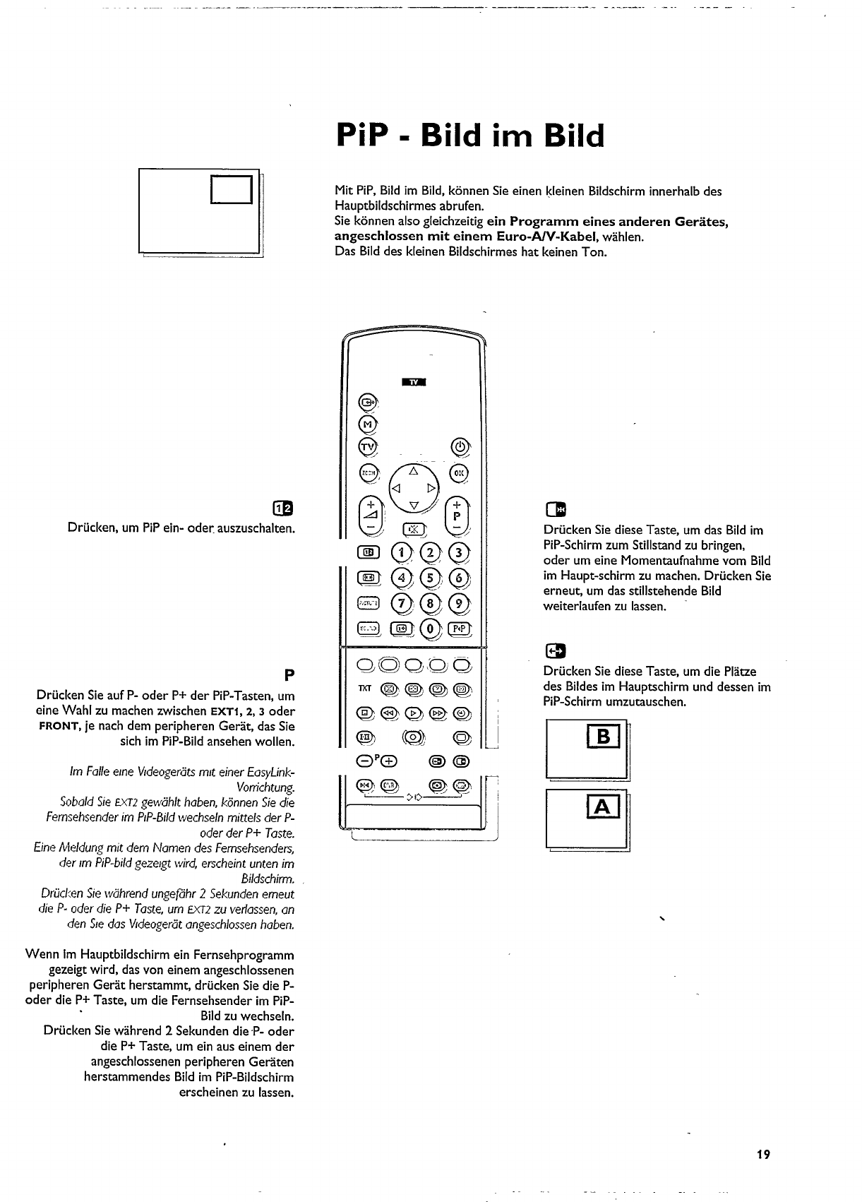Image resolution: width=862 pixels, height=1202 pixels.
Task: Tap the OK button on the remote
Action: coord(459,472)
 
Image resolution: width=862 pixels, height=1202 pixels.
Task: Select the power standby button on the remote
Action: coord(459,446)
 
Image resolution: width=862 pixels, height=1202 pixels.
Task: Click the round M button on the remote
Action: coord(367,424)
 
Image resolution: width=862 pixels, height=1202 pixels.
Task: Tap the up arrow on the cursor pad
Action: coord(414,471)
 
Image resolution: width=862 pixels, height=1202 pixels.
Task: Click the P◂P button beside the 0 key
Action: coord(459,628)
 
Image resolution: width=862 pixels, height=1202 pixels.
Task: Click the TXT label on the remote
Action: coord(364,688)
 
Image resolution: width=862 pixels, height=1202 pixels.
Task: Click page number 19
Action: coord(762,1155)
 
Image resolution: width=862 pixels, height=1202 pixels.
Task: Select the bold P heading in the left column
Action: coord(288,674)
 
